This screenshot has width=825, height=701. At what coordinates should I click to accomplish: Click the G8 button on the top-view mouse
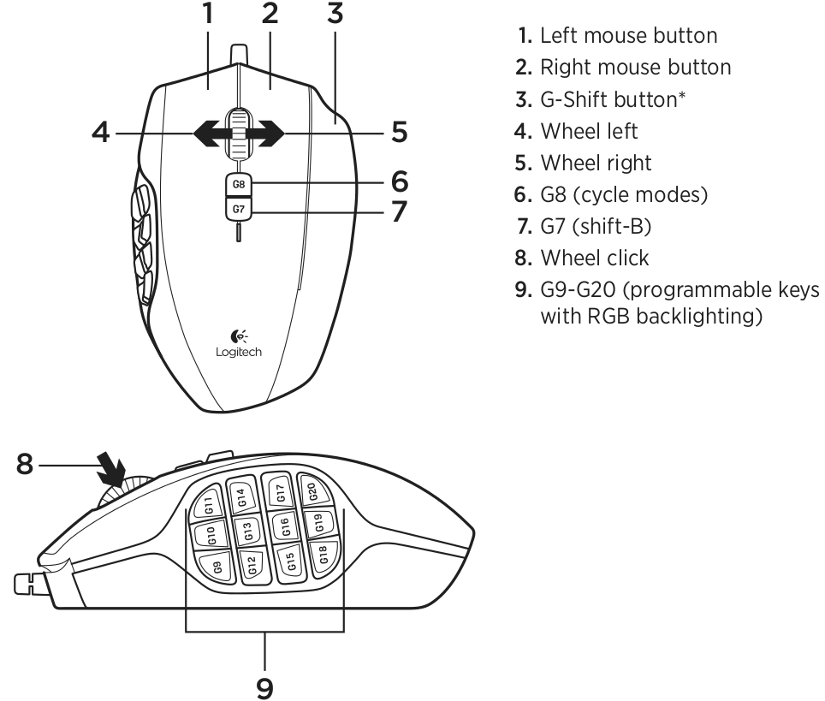pyautogui.click(x=239, y=184)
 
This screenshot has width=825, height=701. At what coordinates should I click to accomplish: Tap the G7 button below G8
pyautogui.click(x=239, y=208)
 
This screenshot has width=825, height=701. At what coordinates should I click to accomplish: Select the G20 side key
pyautogui.click(x=312, y=491)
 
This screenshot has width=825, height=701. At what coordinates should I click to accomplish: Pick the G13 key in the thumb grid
pyautogui.click(x=248, y=531)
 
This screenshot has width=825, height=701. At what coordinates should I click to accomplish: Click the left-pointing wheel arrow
pyautogui.click(x=211, y=134)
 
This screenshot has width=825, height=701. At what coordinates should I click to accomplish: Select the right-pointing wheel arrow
pyautogui.click(x=267, y=134)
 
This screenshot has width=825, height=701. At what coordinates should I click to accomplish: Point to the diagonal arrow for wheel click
pyautogui.click(x=111, y=468)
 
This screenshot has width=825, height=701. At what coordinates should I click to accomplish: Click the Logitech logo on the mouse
pyautogui.click(x=239, y=344)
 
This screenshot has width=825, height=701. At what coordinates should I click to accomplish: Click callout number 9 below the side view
pyautogui.click(x=264, y=688)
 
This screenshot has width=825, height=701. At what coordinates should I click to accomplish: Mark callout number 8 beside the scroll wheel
pyautogui.click(x=25, y=465)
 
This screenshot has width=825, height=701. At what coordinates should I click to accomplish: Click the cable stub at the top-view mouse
pyautogui.click(x=239, y=54)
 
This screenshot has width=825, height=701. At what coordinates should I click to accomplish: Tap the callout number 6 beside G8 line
pyautogui.click(x=400, y=181)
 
